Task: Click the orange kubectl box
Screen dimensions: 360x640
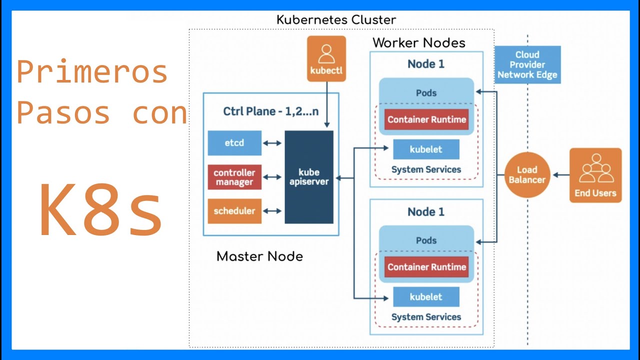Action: (x=326, y=58)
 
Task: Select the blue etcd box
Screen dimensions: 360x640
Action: (x=234, y=143)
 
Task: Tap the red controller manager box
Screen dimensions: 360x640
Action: (x=234, y=177)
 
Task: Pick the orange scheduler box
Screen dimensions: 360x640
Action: (x=234, y=211)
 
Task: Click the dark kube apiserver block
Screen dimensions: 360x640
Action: (x=309, y=177)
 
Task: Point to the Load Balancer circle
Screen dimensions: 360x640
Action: (x=527, y=175)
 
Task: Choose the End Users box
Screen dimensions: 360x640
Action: (x=595, y=175)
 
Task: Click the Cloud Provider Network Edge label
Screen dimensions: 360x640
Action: (x=527, y=65)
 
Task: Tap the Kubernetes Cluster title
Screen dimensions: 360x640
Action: (x=336, y=20)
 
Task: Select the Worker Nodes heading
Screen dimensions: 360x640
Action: (x=419, y=43)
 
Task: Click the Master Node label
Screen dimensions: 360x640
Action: (x=259, y=256)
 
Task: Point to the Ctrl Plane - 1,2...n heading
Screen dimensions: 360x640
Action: (x=270, y=111)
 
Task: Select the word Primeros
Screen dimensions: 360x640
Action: (x=92, y=72)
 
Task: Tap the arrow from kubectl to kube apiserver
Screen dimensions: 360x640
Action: (x=326, y=105)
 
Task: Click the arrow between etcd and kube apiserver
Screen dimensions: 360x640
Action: (x=272, y=143)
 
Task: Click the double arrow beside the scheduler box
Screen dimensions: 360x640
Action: (x=272, y=211)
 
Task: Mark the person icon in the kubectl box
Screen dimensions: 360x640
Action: (x=326, y=53)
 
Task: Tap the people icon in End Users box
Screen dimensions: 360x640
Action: (x=595, y=169)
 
